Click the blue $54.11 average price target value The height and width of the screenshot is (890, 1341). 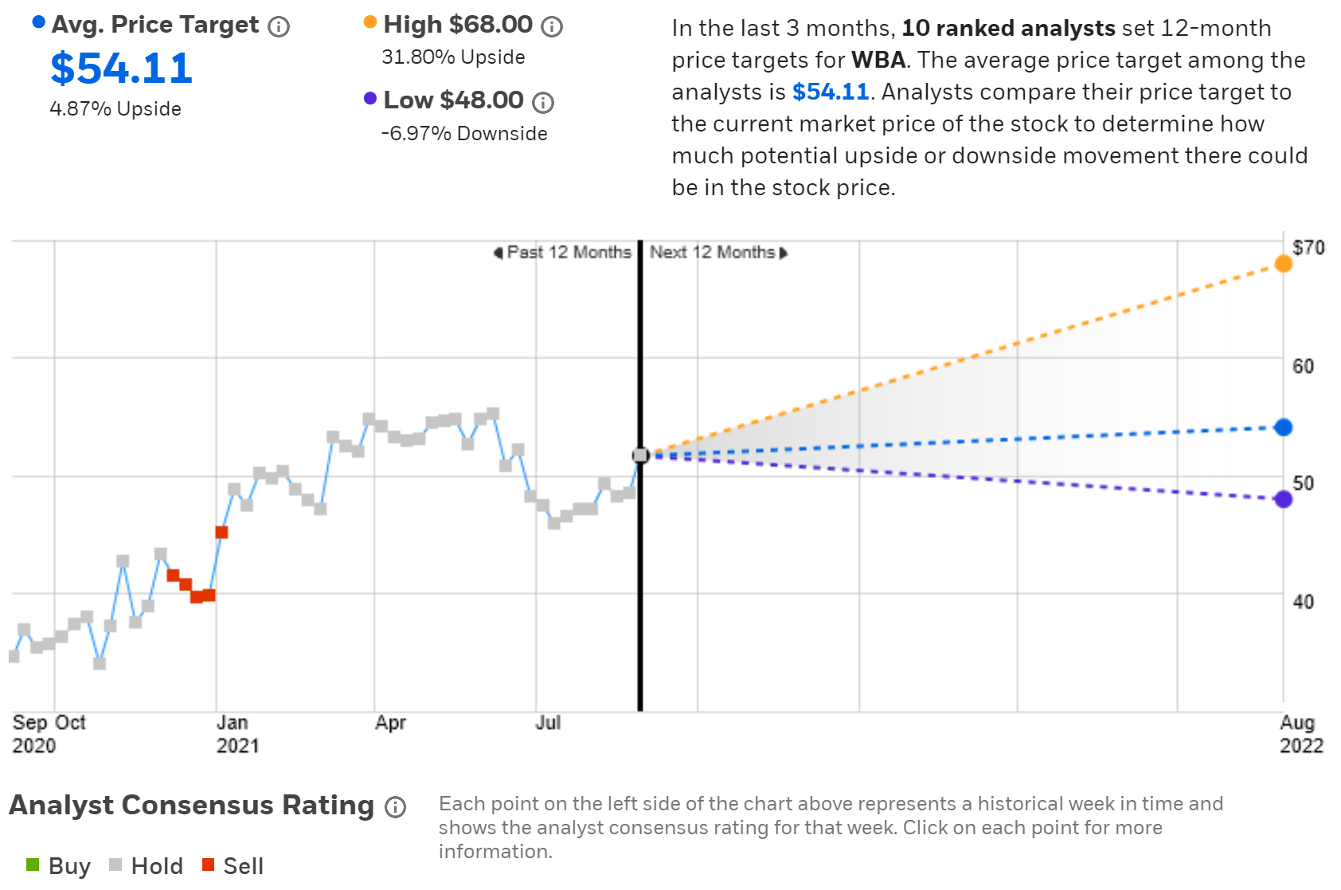click(121, 69)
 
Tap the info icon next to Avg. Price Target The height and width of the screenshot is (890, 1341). click(279, 27)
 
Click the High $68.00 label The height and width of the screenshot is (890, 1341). click(457, 25)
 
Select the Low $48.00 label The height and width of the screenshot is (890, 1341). click(453, 100)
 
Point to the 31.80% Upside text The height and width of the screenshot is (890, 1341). click(453, 57)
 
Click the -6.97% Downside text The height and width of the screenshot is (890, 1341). click(464, 134)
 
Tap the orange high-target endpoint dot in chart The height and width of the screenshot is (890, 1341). click(1283, 264)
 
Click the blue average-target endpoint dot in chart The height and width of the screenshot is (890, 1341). click(1283, 428)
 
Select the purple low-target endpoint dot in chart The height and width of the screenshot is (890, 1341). click(1283, 500)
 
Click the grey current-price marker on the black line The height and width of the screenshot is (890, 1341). click(640, 455)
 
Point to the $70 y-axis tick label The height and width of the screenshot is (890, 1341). click(1308, 248)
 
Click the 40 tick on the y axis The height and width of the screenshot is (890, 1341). click(1303, 602)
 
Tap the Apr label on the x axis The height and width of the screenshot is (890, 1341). click(390, 723)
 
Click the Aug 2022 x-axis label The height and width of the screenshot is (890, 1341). click(1300, 734)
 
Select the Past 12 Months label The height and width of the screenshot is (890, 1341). click(568, 253)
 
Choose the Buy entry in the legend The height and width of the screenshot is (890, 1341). click(59, 866)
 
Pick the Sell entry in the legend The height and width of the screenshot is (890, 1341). click(233, 866)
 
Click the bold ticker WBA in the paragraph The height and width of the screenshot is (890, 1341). click(878, 61)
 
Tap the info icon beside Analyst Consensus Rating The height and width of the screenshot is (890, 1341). click(396, 807)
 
